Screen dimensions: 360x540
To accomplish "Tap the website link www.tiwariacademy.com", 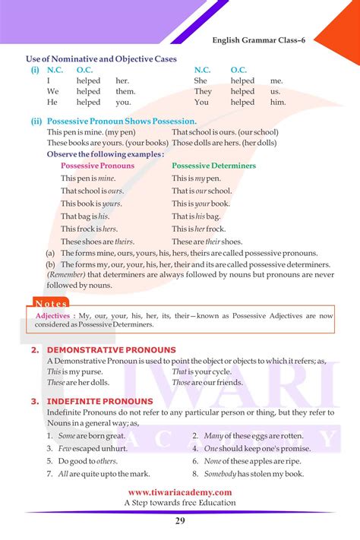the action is [x=179, y=492].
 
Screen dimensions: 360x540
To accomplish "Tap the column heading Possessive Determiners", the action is [x=213, y=166].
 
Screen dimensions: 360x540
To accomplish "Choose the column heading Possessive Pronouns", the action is [x=97, y=166].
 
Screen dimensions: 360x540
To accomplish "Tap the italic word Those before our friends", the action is [x=181, y=383].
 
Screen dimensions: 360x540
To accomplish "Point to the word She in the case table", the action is [x=201, y=81].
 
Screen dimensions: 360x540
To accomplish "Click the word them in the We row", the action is [x=125, y=91].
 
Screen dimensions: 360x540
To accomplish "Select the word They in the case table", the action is [x=203, y=91].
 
